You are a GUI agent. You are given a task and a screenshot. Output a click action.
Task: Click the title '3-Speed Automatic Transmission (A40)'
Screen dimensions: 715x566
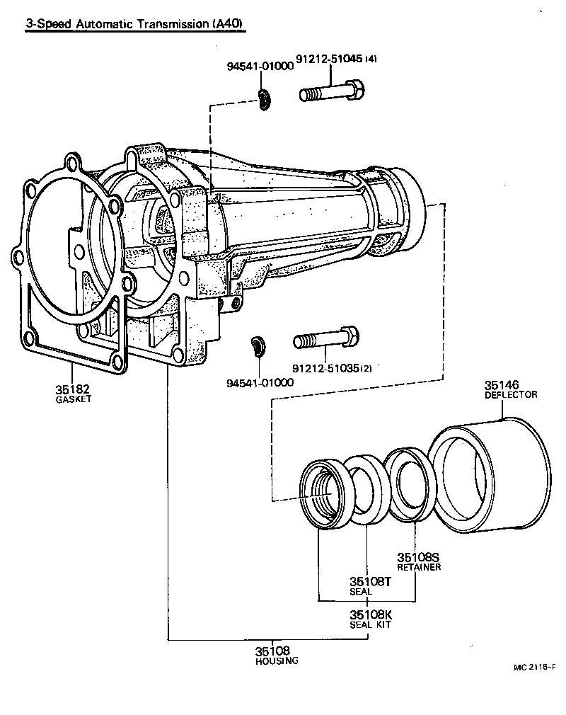[134, 24]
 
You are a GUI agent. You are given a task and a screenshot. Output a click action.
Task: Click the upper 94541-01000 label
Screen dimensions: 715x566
[260, 67]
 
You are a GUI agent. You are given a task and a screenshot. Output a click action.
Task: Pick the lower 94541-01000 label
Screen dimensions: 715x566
[260, 382]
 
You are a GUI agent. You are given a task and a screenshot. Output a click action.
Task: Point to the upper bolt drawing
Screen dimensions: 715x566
[332, 93]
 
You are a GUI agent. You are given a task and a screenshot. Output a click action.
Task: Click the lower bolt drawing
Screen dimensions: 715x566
[326, 339]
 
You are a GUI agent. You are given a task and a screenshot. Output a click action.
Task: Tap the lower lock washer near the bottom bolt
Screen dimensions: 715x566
[258, 348]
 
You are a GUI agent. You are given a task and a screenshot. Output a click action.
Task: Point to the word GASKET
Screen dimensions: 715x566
[74, 399]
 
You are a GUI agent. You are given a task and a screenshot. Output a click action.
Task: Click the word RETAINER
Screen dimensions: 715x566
[419, 567]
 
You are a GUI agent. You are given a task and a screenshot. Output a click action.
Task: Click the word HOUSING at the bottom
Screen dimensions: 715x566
[277, 660]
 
